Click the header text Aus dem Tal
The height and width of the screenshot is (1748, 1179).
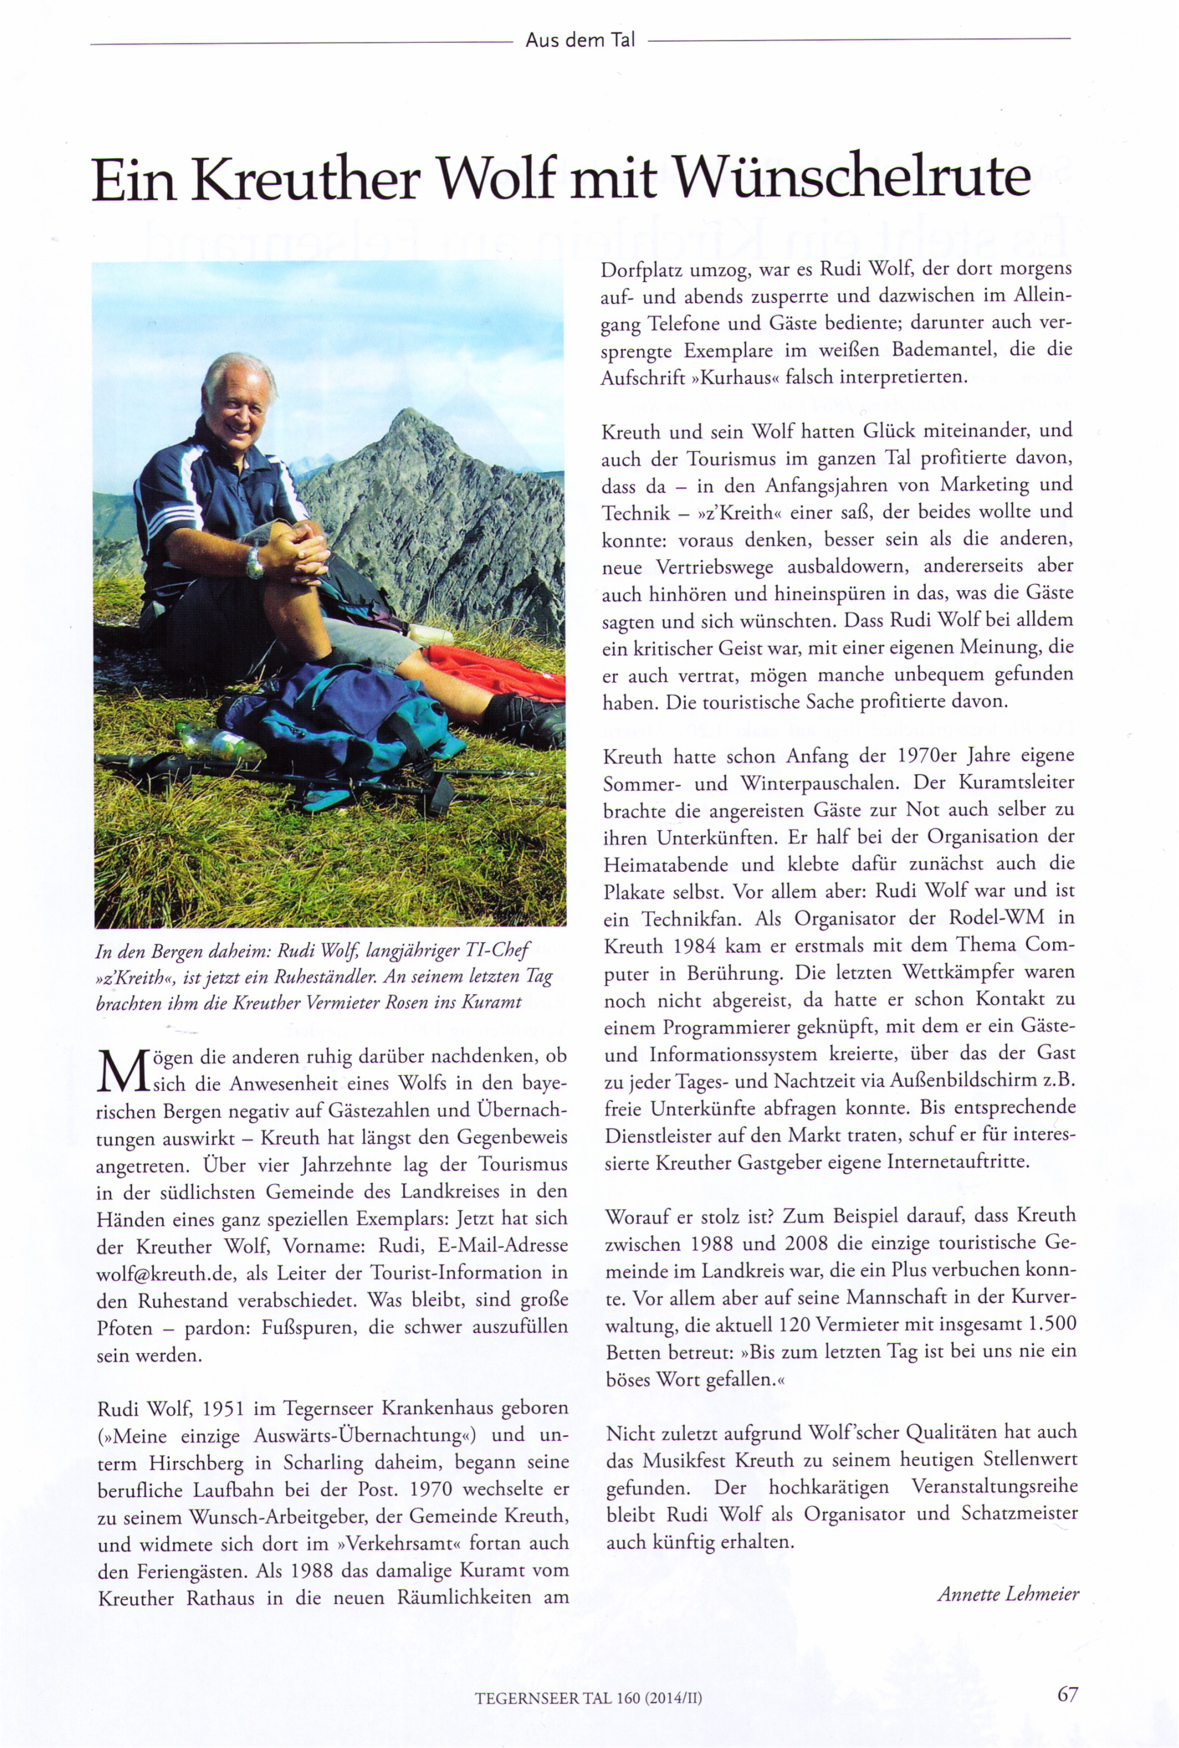(580, 41)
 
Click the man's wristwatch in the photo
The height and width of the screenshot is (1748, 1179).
(254, 562)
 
